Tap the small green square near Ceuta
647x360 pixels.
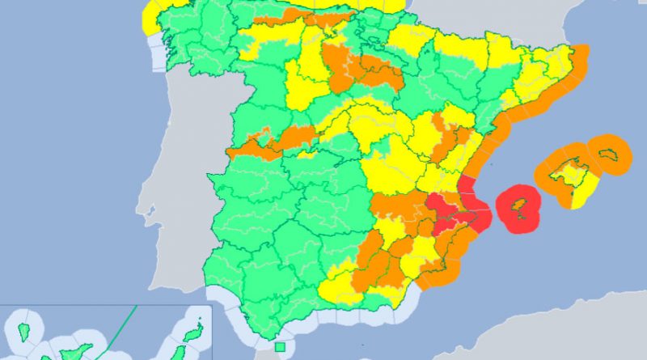pos(279,347)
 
